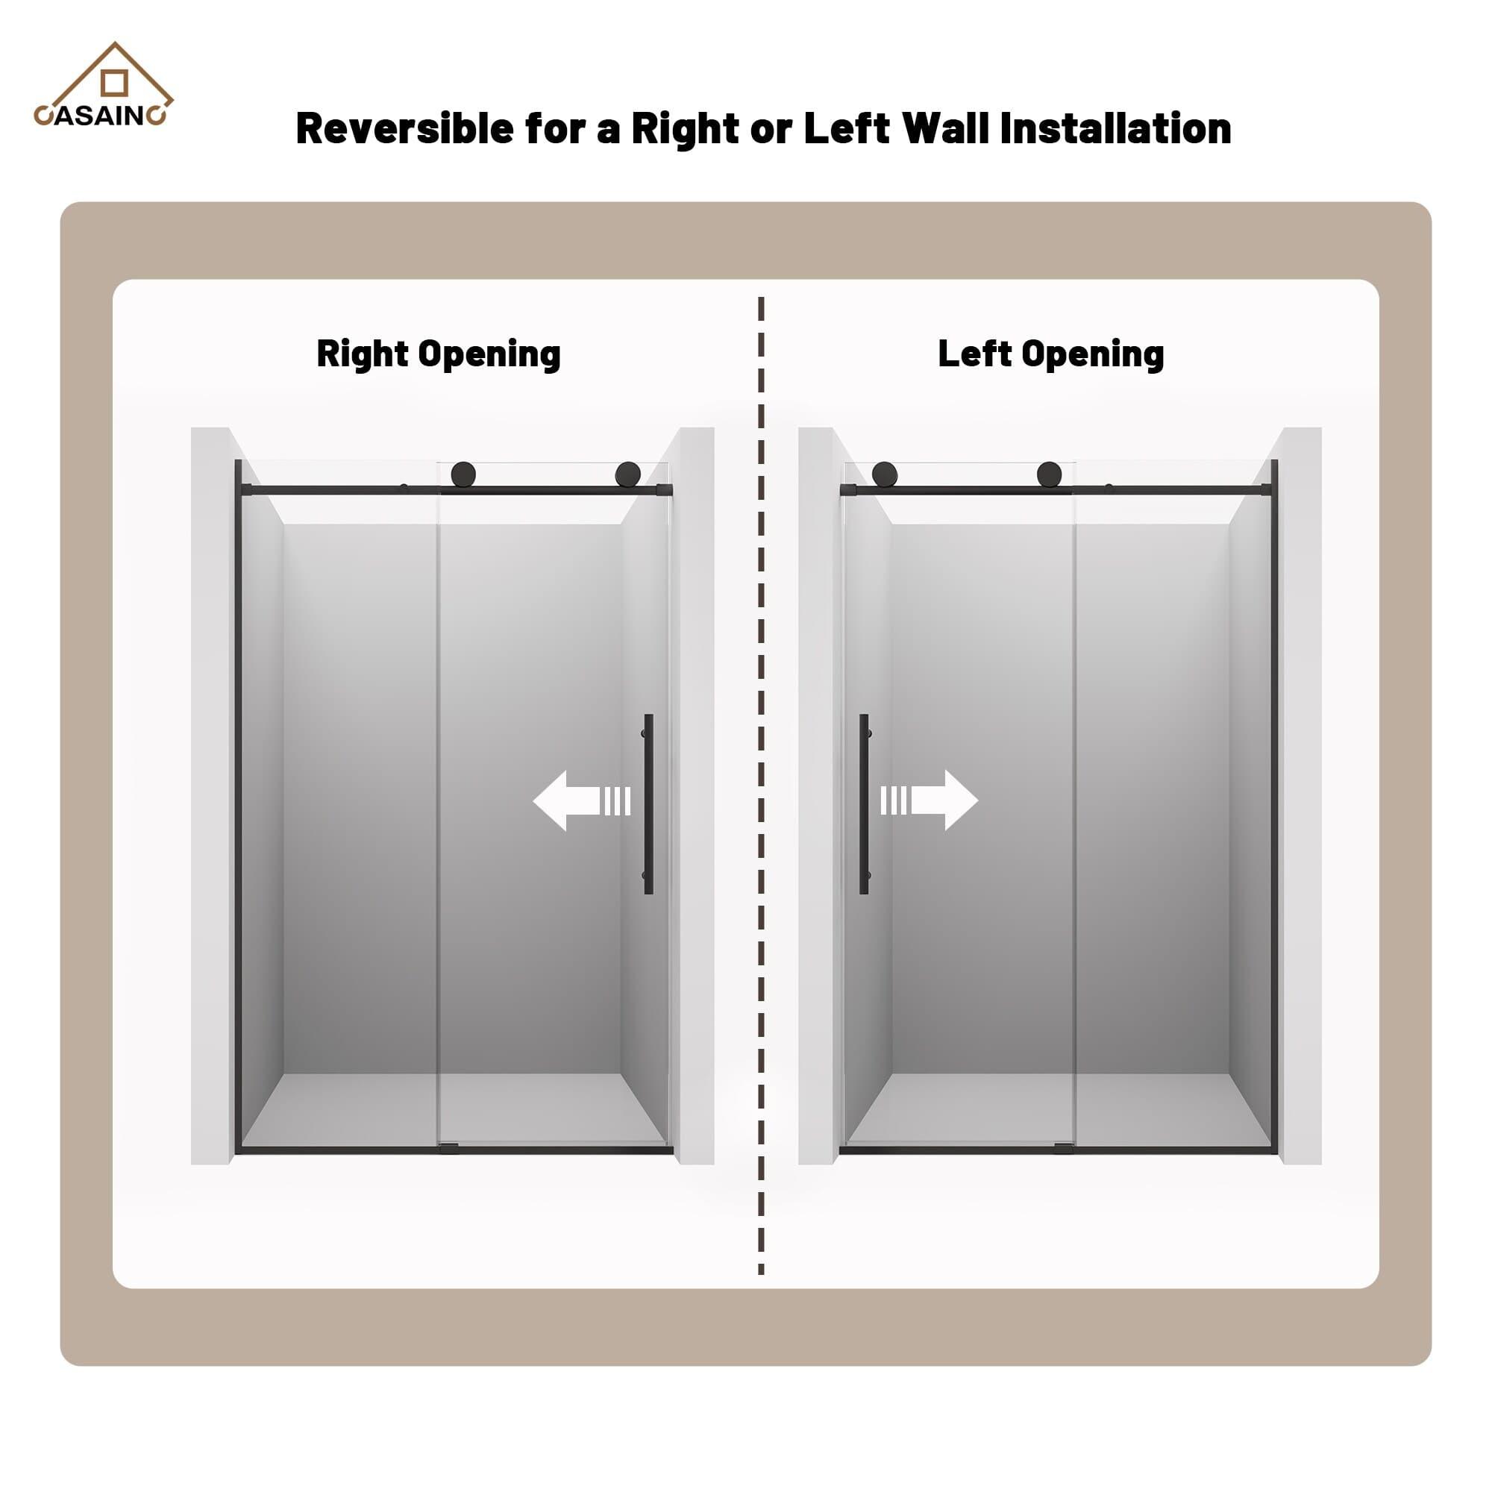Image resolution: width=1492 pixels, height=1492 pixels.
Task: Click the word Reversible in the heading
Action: click(x=404, y=129)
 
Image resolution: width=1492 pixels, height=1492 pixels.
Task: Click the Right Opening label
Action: click(x=438, y=354)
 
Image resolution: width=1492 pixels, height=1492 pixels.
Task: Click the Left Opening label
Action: click(x=1050, y=354)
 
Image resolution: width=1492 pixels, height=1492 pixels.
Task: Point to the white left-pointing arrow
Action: click(x=580, y=800)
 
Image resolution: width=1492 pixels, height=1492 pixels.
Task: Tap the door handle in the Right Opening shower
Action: click(x=648, y=804)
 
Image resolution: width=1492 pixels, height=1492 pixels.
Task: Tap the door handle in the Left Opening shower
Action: click(x=863, y=804)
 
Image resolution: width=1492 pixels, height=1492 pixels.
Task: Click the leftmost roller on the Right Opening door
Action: click(x=463, y=474)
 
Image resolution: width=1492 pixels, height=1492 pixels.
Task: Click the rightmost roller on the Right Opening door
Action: click(x=627, y=474)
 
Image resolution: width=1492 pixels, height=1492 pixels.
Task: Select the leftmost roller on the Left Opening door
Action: click(x=884, y=474)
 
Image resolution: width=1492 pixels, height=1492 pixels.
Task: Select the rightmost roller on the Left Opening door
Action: click(x=1049, y=474)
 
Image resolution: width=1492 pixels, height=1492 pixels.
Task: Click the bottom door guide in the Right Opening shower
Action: click(x=448, y=1148)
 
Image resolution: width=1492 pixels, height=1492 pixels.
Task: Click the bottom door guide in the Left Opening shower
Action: click(x=1063, y=1148)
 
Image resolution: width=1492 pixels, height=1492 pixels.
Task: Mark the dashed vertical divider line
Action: click(x=761, y=772)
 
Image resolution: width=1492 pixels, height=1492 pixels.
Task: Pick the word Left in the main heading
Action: click(x=844, y=129)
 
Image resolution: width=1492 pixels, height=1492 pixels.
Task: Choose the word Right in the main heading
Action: click(x=685, y=129)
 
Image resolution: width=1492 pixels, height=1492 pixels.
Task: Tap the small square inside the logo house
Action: click(x=114, y=84)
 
